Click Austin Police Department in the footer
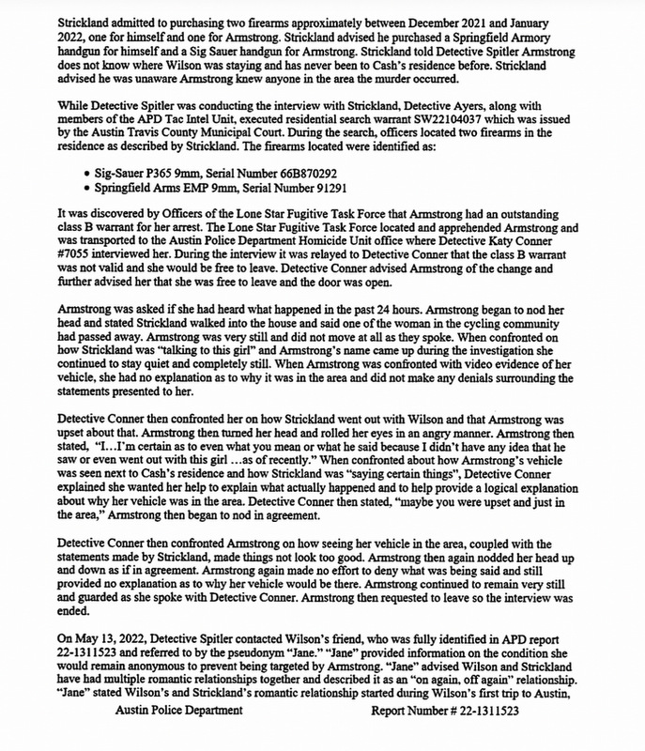pyautogui.click(x=175, y=737)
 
